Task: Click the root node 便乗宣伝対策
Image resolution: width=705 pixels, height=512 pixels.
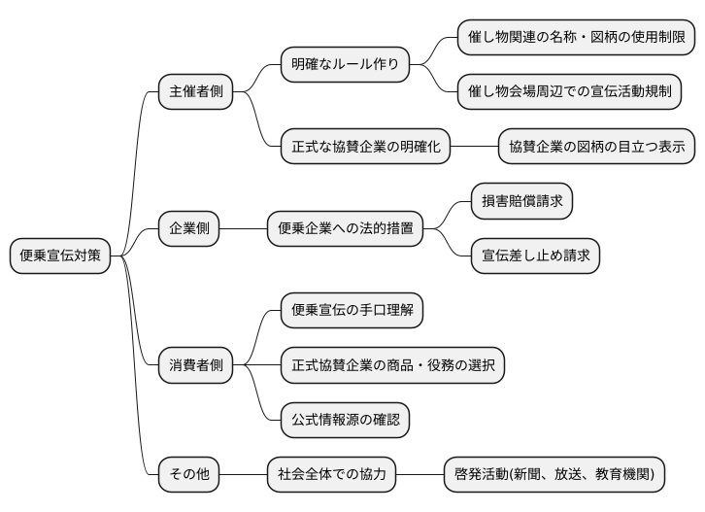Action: pyautogui.click(x=60, y=256)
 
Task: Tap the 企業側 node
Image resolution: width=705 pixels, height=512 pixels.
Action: pyautogui.click(x=189, y=229)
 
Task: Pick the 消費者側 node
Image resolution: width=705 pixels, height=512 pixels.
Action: pyautogui.click(x=195, y=365)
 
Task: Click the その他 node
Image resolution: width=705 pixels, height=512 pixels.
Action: pyautogui.click(x=189, y=475)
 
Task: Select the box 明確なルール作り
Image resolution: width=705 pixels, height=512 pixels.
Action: pyautogui.click(x=345, y=66)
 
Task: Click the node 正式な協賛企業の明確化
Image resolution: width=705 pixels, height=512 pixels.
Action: pyautogui.click(x=366, y=148)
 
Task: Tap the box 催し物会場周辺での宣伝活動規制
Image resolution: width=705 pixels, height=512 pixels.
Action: pyautogui.click(x=569, y=93)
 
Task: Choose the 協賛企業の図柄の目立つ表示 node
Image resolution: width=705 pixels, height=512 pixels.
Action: pyautogui.click(x=597, y=148)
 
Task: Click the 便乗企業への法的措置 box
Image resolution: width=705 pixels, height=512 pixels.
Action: pyautogui.click(x=346, y=229)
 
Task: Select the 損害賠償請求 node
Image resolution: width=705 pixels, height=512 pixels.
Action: pyautogui.click(x=521, y=202)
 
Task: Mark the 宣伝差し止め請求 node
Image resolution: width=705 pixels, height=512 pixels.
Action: pyautogui.click(x=535, y=256)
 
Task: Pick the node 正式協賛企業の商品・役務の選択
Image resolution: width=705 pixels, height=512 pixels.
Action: pyautogui.click(x=392, y=365)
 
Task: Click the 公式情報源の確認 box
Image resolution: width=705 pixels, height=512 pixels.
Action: pyautogui.click(x=345, y=420)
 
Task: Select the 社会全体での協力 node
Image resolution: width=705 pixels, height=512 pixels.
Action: pyautogui.click(x=332, y=475)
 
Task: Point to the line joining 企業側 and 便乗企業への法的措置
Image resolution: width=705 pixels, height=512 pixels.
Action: pyautogui.click(x=244, y=229)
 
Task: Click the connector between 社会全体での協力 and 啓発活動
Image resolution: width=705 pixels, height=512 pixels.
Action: pyautogui.click(x=420, y=475)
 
